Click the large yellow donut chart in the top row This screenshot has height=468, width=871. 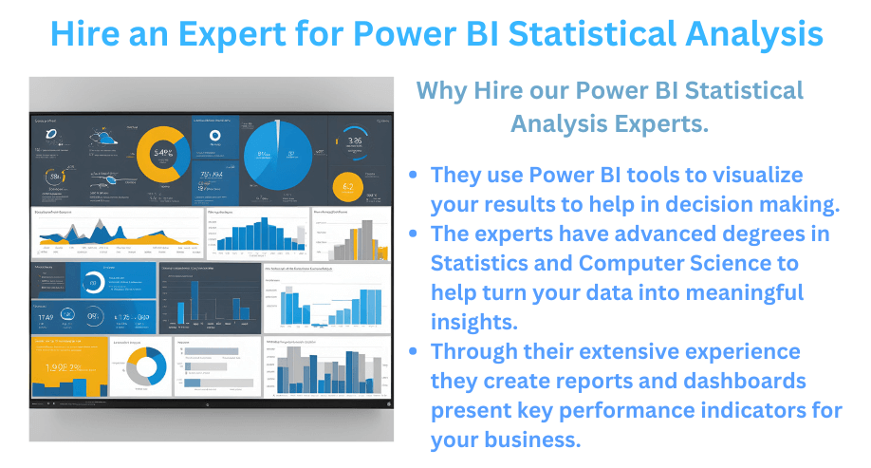[x=163, y=155]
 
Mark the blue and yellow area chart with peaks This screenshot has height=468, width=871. [x=116, y=232]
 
